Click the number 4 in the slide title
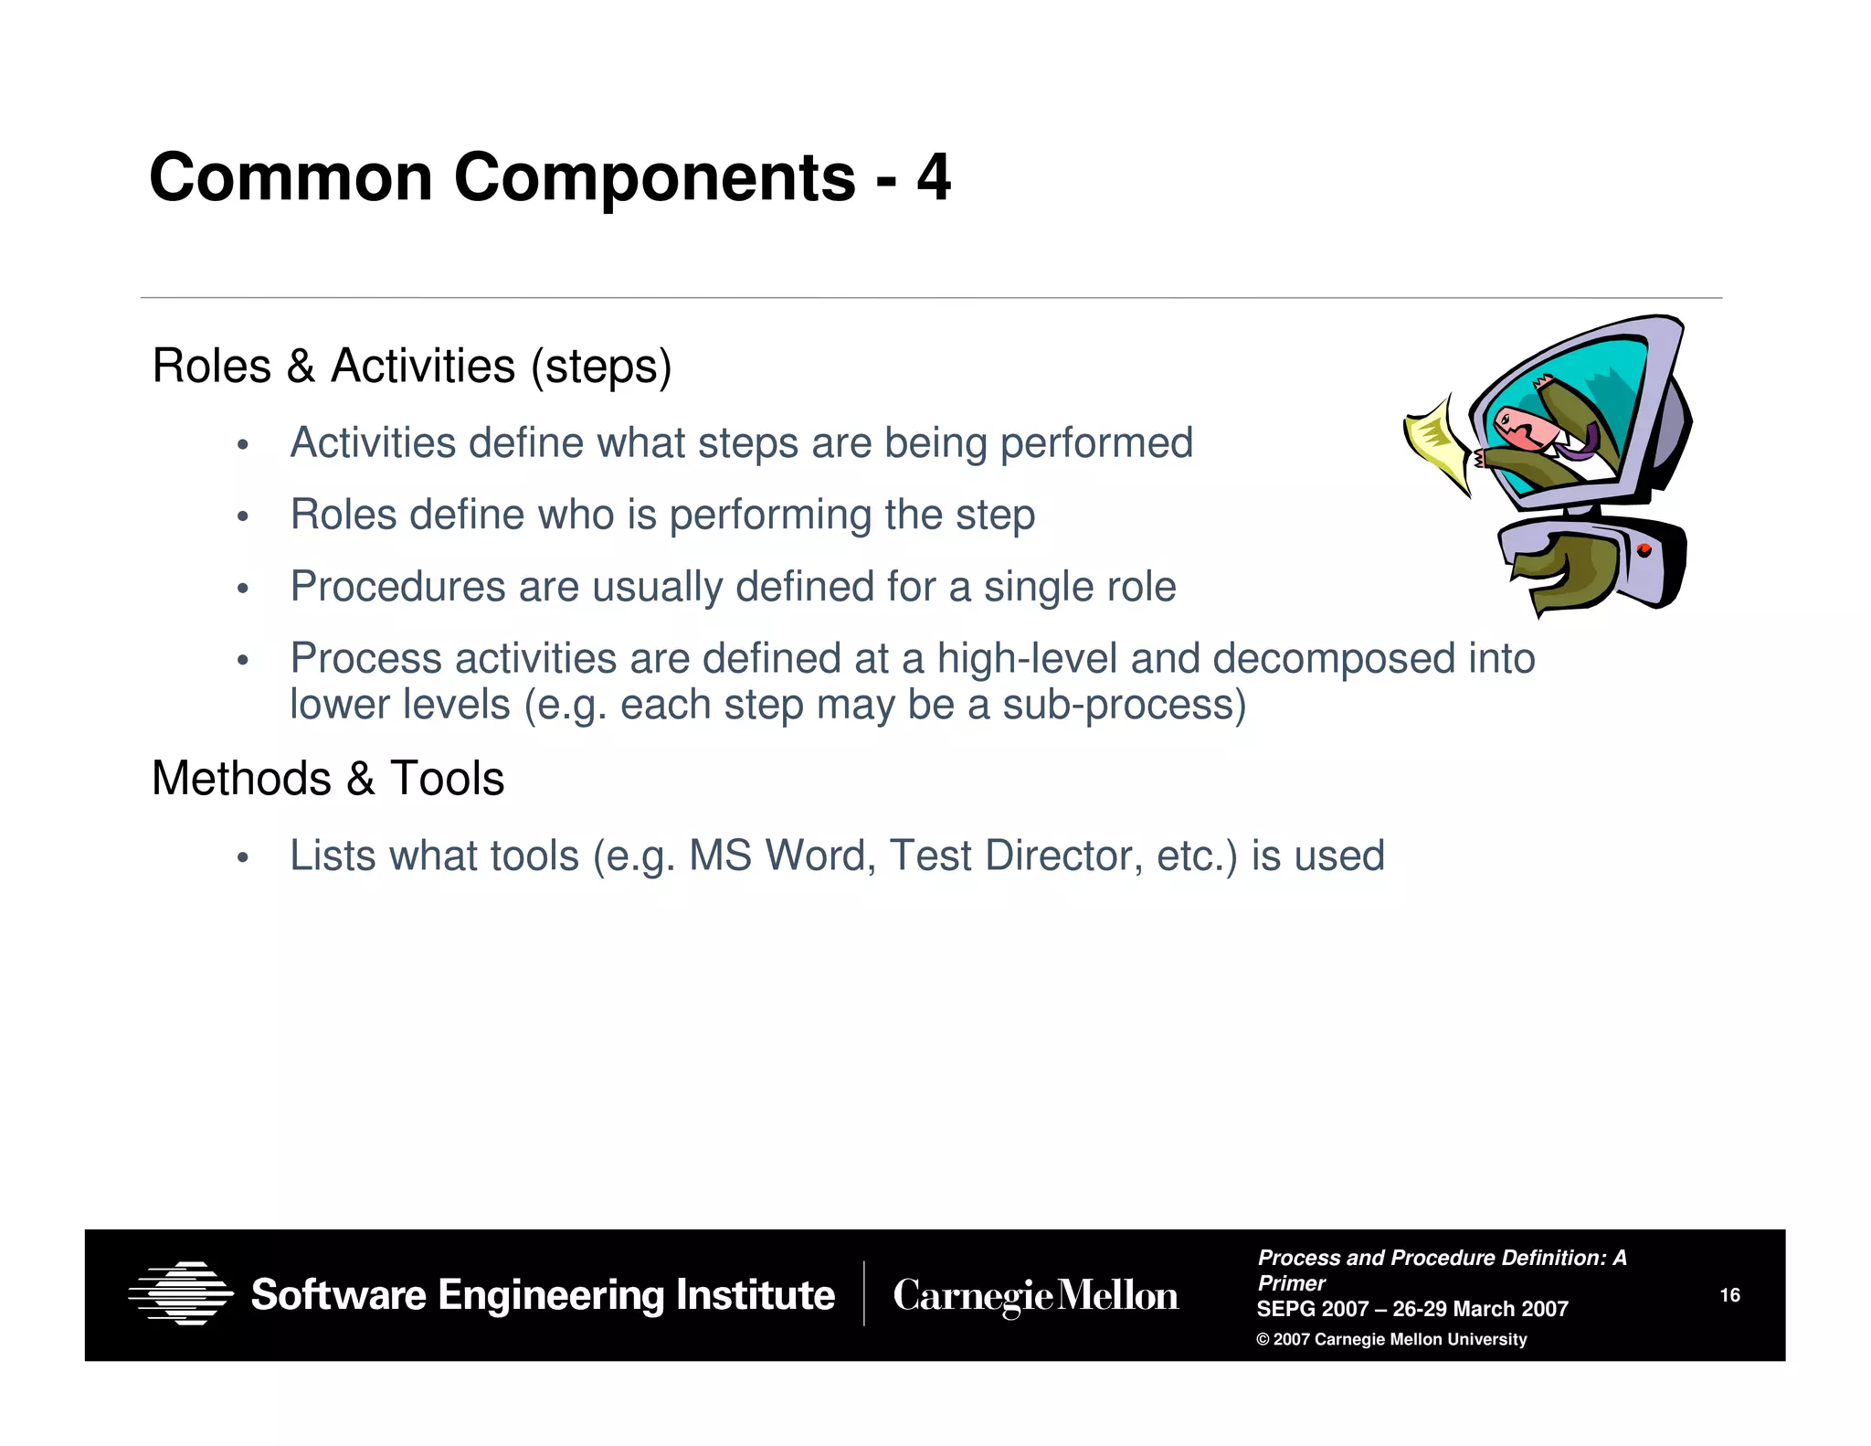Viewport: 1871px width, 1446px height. (933, 177)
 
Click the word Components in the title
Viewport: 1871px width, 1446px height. (654, 177)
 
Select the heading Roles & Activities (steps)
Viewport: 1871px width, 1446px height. (411, 367)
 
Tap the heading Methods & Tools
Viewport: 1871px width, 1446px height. (327, 779)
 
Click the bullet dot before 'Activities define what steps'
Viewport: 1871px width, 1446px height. (242, 445)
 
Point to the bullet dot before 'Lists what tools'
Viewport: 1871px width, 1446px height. (242, 858)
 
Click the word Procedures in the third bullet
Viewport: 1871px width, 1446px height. (397, 587)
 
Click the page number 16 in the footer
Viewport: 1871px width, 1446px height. (1729, 1295)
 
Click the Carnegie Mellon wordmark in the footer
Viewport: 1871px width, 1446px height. (1035, 1296)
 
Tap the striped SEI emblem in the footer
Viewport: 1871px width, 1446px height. (181, 1293)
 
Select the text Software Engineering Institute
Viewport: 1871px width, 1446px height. (543, 1295)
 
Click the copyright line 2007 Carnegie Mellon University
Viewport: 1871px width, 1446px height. (1391, 1339)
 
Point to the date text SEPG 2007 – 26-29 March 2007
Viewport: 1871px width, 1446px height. (1411, 1309)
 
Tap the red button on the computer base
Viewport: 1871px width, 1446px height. (1644, 550)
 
